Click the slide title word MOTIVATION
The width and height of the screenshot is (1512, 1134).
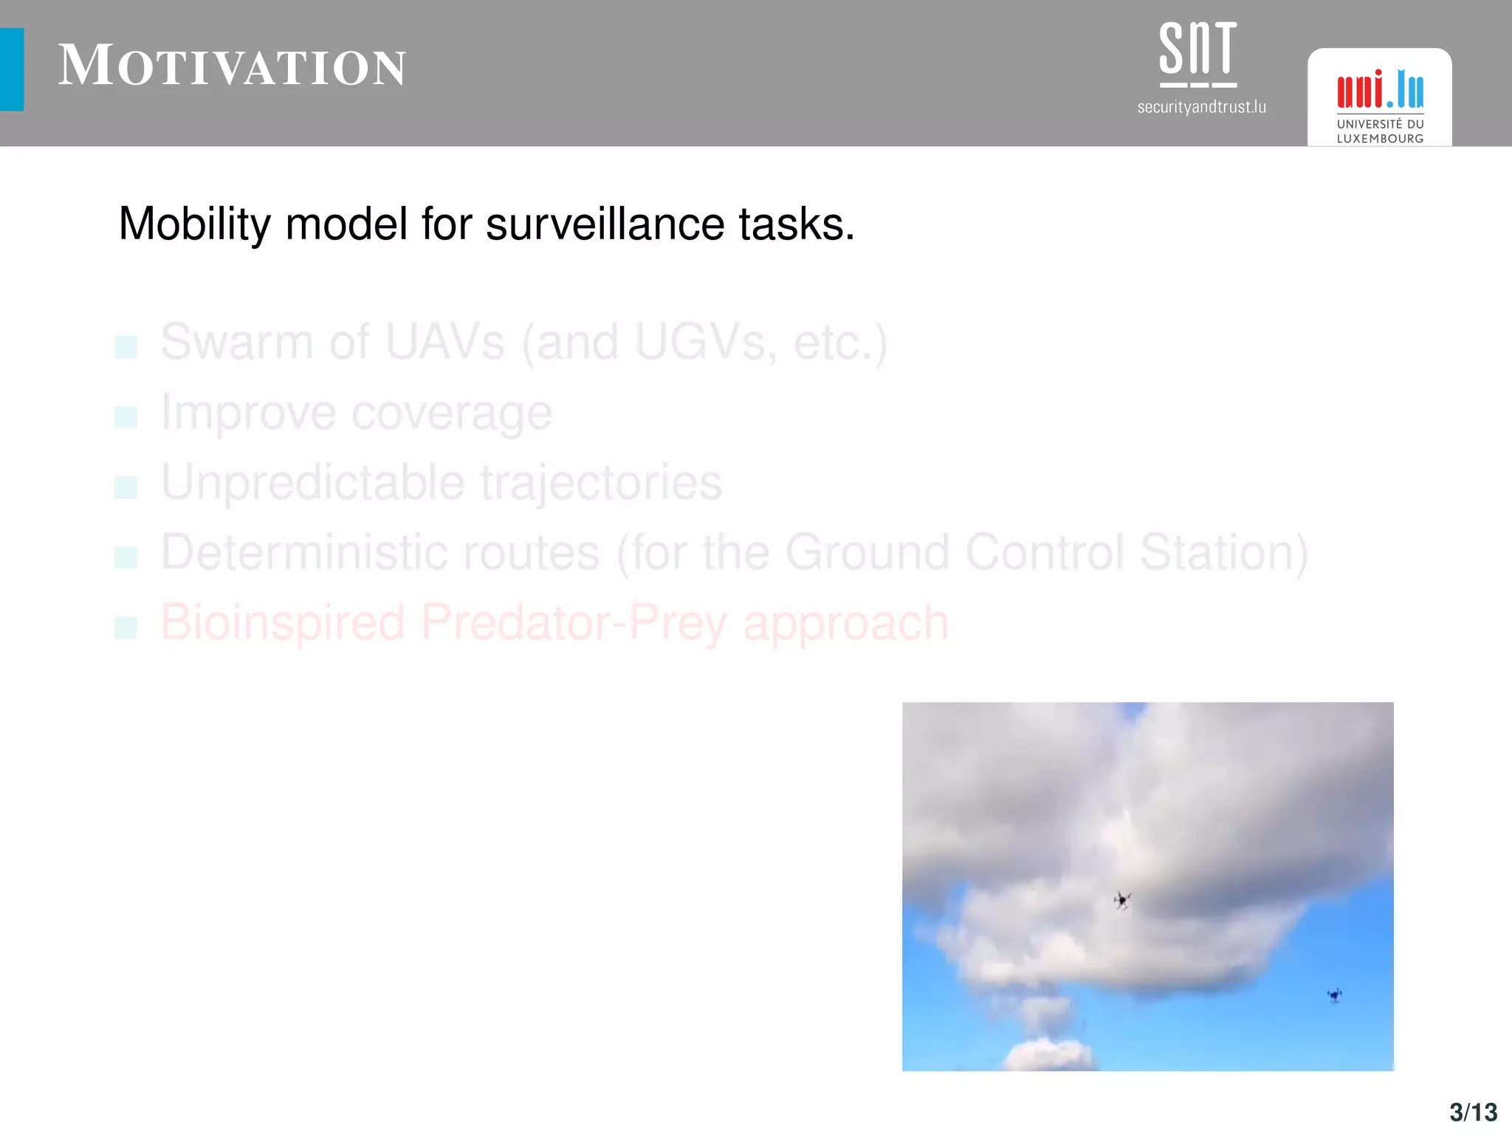[232, 66]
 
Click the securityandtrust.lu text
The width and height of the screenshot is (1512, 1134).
[1201, 107]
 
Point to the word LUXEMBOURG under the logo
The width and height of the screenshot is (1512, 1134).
[1380, 139]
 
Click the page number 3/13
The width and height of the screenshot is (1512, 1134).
[1473, 1112]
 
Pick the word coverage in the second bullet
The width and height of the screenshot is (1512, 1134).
[451, 413]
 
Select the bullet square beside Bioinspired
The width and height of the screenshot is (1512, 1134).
[126, 628]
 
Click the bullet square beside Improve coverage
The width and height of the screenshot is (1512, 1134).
[126, 417]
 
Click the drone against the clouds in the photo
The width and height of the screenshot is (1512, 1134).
[1122, 900]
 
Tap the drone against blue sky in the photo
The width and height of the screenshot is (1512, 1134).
[1334, 995]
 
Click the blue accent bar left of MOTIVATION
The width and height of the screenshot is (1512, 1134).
[12, 69]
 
